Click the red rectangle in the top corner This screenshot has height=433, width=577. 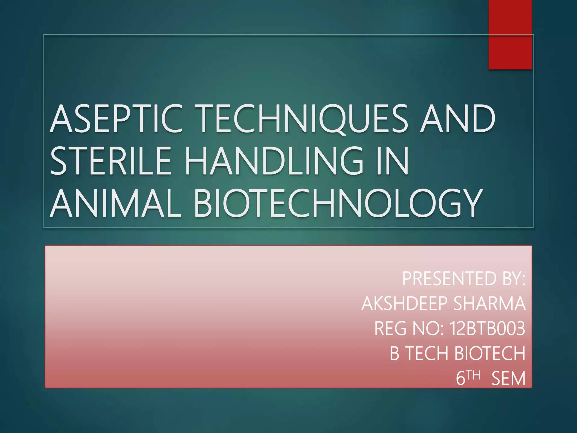pyautogui.click(x=510, y=34)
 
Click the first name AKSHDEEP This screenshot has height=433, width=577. pyautogui.click(x=405, y=304)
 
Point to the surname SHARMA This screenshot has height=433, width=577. pyautogui.click(x=490, y=304)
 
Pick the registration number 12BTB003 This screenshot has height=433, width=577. pyautogui.click(x=487, y=328)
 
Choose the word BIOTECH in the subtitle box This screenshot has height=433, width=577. pyautogui.click(x=490, y=353)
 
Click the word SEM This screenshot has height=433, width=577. pyautogui.click(x=509, y=378)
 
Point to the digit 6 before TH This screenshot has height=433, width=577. pyautogui.click(x=460, y=378)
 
